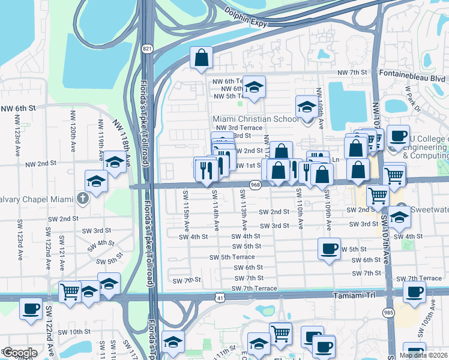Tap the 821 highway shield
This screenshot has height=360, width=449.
point(147,48)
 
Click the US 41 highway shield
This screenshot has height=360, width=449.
point(220,297)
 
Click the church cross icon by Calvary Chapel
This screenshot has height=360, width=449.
point(83,197)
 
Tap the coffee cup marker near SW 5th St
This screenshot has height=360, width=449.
point(328,249)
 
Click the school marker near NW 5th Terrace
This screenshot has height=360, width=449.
point(254,88)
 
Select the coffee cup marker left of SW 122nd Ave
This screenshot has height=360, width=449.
point(31,310)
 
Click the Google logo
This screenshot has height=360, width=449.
point(20,353)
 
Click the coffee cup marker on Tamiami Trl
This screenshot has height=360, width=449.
point(414,293)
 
